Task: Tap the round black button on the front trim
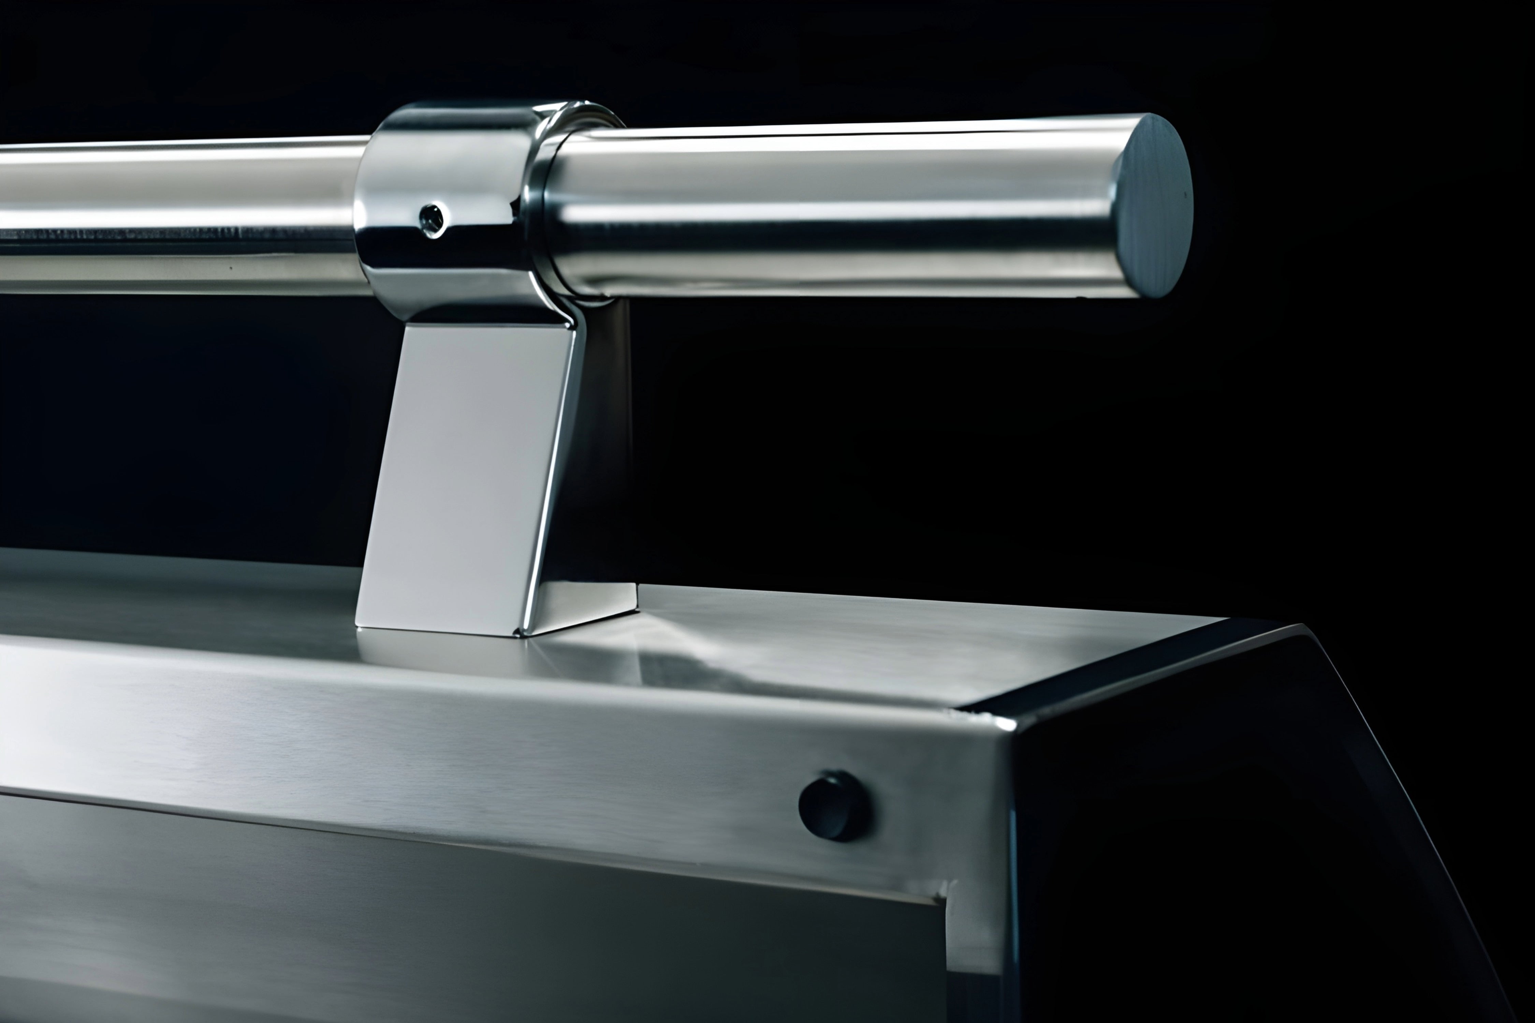(x=834, y=806)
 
